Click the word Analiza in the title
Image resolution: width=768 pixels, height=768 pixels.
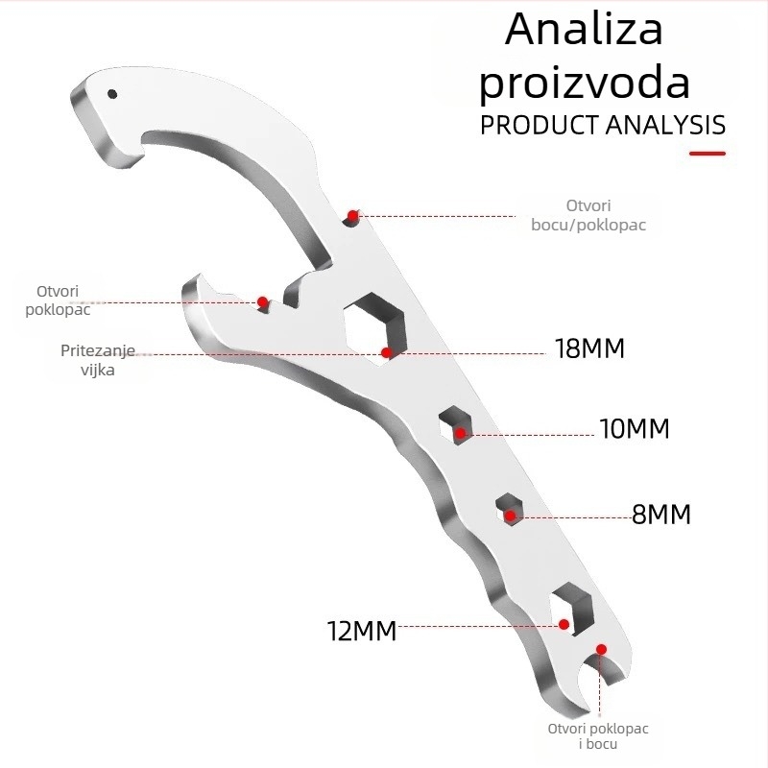coord(584,29)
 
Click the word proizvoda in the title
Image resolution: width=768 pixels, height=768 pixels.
coord(585,84)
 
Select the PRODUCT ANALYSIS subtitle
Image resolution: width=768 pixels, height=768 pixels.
coord(603,125)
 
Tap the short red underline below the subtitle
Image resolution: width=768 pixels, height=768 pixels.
coord(708,154)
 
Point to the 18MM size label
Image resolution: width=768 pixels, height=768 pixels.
coord(590,348)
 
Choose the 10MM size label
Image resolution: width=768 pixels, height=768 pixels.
coord(635,428)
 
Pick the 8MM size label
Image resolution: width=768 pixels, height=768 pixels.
coord(661,515)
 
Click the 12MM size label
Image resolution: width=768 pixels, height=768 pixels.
coord(362,631)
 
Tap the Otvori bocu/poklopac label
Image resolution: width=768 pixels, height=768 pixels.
coord(588,215)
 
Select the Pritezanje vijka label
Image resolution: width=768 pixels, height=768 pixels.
coord(98,360)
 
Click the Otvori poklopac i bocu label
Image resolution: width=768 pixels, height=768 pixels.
coord(598,736)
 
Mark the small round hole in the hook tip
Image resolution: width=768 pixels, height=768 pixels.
coord(112,93)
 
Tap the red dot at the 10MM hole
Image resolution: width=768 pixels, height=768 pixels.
coord(460,433)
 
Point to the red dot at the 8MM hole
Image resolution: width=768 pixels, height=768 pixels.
coord(510,516)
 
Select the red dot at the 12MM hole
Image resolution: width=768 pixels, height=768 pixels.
coord(564,625)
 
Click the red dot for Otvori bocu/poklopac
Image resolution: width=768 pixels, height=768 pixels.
coord(352,215)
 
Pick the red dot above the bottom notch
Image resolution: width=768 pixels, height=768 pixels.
coord(602,650)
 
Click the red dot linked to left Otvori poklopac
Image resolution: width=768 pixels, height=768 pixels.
coord(262,301)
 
